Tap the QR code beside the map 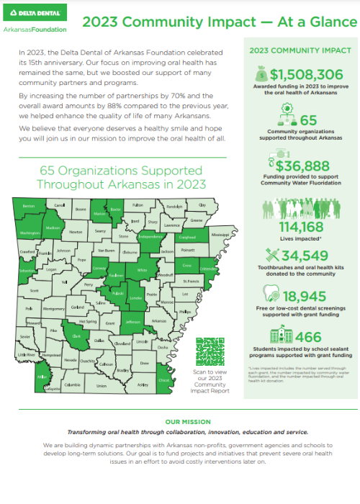click(209, 352)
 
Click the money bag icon click(261, 73)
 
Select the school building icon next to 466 click(279, 336)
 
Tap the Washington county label click(30, 233)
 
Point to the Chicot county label click(163, 379)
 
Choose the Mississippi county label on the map click(220, 235)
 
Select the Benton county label click(29, 207)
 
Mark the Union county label click(102, 386)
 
